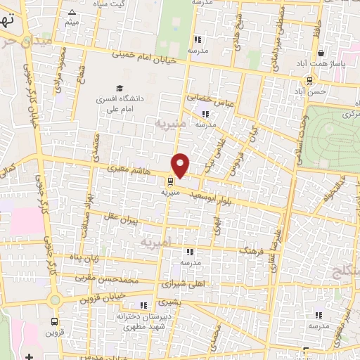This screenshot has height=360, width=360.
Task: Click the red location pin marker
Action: [181, 165]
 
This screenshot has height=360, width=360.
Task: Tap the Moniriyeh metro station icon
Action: [166, 179]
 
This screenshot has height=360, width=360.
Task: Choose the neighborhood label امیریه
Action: [156, 243]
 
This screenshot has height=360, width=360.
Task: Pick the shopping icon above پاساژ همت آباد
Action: [321, 53]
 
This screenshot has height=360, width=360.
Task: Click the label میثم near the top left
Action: [72, 23]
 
